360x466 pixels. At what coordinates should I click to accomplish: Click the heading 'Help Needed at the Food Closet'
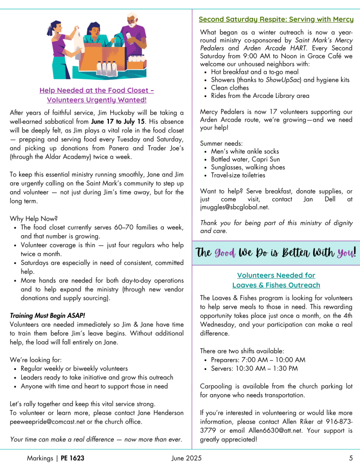(96, 90)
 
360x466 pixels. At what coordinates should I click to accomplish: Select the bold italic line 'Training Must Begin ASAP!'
(47, 315)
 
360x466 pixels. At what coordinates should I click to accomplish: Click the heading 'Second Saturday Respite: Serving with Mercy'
(276, 20)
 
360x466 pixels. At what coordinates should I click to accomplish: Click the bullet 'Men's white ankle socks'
(245, 151)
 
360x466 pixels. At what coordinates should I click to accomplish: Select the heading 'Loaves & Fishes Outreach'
(276, 285)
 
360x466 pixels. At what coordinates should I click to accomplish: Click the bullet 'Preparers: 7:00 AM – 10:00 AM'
(258, 360)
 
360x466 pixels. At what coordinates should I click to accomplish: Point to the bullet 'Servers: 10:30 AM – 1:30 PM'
(254, 368)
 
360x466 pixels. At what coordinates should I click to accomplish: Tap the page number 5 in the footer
(351, 458)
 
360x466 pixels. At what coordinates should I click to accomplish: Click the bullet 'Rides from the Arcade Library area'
(260, 96)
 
